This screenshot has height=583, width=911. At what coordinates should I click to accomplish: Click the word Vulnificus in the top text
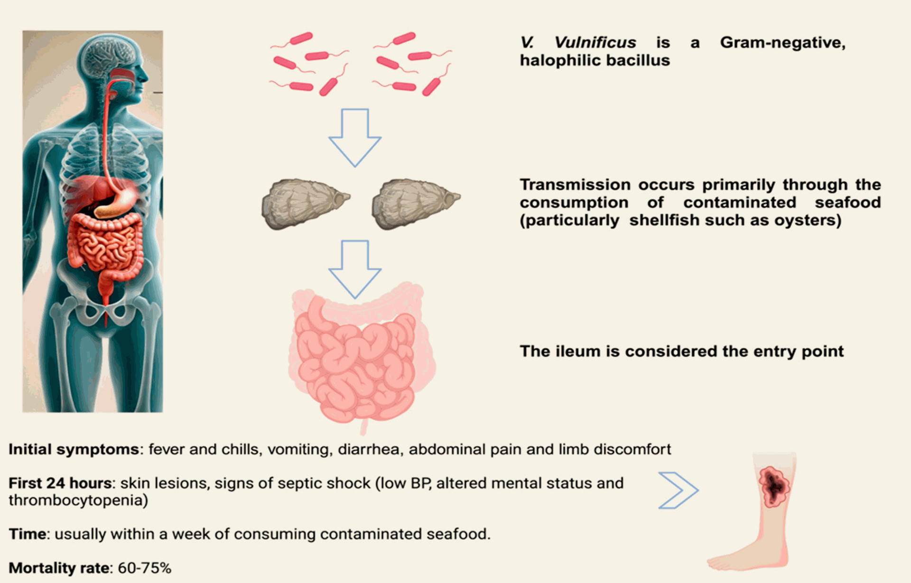(595, 43)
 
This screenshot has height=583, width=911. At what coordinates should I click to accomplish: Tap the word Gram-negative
(783, 43)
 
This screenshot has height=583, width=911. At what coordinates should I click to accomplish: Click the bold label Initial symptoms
(74, 449)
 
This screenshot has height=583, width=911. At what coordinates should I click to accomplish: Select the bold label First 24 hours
(60, 483)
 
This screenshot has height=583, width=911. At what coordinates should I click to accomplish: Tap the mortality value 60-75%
(144, 568)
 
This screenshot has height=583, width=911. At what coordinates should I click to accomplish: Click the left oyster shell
(306, 204)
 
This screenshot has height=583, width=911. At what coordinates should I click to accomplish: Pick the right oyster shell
(416, 204)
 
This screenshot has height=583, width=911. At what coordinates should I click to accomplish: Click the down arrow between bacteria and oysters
(355, 138)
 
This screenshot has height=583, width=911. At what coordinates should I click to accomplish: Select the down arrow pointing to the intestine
(355, 269)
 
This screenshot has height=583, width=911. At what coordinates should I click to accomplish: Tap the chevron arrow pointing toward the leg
(679, 490)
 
